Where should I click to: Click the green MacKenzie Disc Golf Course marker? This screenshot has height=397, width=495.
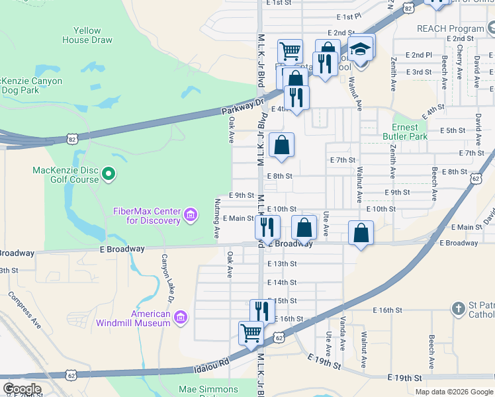[110, 175]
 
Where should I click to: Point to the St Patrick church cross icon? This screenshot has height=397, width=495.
[457, 308]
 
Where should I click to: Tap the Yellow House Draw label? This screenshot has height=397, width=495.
[87, 35]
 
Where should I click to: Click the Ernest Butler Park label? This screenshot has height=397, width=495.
[405, 132]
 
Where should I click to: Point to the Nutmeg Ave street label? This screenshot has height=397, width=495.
[216, 218]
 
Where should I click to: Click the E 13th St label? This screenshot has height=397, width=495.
[282, 263]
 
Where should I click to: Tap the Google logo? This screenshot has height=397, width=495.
[22, 389]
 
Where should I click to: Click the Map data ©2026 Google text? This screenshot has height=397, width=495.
[454, 392]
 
